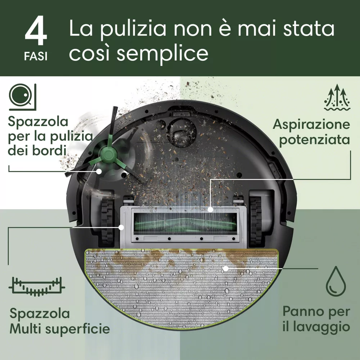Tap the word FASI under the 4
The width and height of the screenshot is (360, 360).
pyautogui.click(x=36, y=57)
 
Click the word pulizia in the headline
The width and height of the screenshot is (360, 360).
pyautogui.click(x=133, y=29)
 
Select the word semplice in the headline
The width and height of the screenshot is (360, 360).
pyautogui.click(x=163, y=54)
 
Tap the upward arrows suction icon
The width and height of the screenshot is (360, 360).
pyautogui.click(x=337, y=97)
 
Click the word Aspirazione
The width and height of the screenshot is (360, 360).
pyautogui.click(x=311, y=125)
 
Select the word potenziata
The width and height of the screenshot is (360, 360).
pyautogui.click(x=315, y=140)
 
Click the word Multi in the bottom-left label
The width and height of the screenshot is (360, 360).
pyautogui.click(x=26, y=329)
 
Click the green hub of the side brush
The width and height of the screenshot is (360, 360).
pyautogui.click(x=107, y=156)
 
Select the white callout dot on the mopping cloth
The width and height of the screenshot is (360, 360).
pyautogui.click(x=226, y=268)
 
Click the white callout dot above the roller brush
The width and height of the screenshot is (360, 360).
pyautogui.click(x=210, y=210)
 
